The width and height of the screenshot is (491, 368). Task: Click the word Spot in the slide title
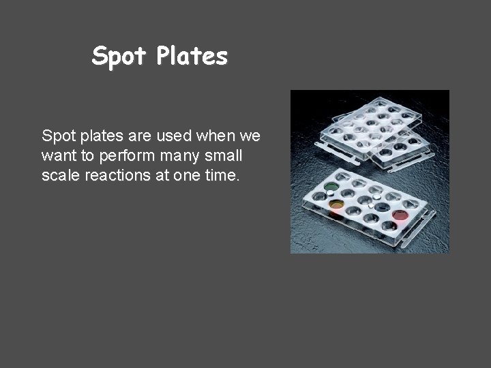[119, 57]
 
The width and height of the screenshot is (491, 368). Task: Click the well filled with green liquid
[331, 186]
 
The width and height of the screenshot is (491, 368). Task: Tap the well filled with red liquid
[400, 215]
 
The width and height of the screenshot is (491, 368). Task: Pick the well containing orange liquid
[336, 204]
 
